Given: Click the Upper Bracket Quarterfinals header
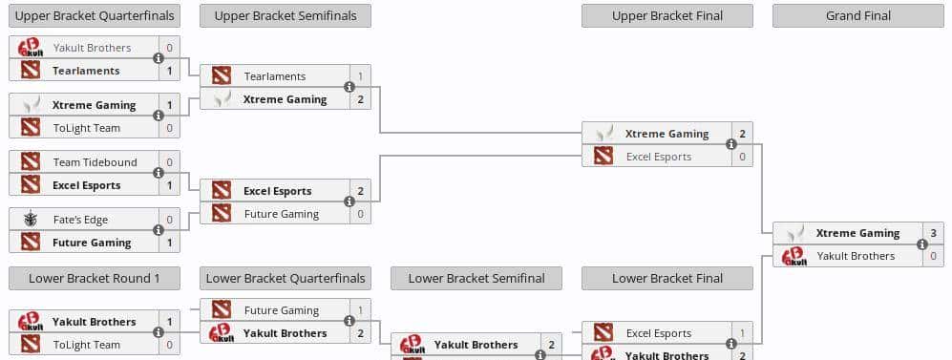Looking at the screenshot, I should [x=94, y=15].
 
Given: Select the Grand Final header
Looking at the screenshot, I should [x=857, y=15].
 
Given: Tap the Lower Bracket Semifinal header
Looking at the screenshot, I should [x=476, y=278].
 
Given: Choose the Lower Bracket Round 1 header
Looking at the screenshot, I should [x=94, y=278].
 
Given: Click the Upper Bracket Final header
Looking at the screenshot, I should [x=666, y=15].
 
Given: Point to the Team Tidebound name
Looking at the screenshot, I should [x=95, y=162].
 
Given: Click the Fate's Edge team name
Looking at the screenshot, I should [x=80, y=220].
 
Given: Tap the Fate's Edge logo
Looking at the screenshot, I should [x=31, y=220].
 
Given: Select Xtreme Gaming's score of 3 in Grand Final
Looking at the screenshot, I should [x=933, y=233].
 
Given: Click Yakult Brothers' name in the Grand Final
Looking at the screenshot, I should [x=856, y=256].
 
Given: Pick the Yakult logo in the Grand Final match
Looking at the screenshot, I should [x=794, y=256].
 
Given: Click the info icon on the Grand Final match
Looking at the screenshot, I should [x=922, y=244].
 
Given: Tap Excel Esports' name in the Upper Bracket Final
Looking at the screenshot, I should [x=659, y=157].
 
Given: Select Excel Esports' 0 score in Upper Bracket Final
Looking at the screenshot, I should [x=742, y=157].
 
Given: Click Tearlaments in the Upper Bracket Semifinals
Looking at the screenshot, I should [x=274, y=76].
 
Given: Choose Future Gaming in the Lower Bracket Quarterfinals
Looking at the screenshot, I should [x=281, y=310].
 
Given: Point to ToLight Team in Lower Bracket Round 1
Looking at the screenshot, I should [x=86, y=345].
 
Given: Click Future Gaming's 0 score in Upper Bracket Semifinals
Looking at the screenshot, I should [x=360, y=214].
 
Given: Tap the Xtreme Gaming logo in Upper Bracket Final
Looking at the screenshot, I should [x=603, y=134].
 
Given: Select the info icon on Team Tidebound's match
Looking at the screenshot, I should [x=159, y=174].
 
